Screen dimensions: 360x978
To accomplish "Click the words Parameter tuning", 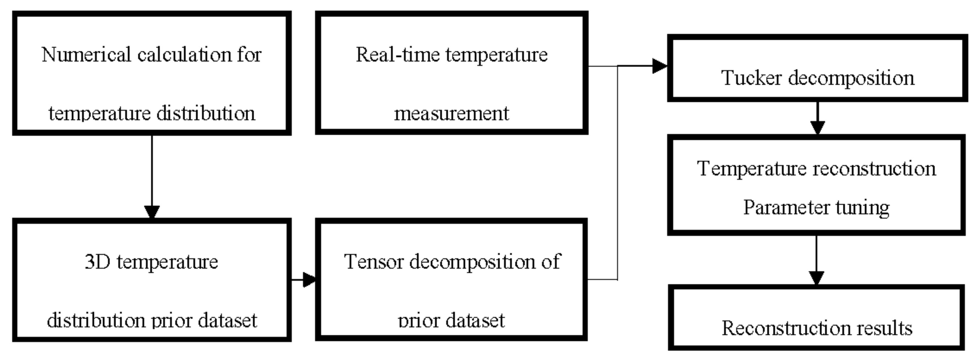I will click(816, 208).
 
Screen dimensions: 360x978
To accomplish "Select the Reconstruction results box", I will click(816, 317).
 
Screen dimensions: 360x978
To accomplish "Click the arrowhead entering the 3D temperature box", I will click(152, 212).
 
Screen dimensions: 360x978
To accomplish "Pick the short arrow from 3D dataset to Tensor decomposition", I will click(304, 280).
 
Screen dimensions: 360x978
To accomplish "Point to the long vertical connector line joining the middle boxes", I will click(617, 171).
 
